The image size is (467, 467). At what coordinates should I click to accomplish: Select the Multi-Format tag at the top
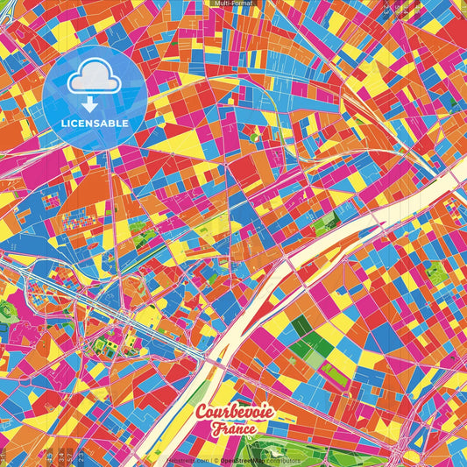(233, 4)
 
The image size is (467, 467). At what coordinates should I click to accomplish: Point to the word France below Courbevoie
(232, 428)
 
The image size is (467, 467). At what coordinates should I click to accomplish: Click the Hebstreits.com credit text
(187, 459)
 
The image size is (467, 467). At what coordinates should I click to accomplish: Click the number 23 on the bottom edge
(80, 456)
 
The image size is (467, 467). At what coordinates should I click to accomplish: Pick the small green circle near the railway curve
(255, 138)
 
